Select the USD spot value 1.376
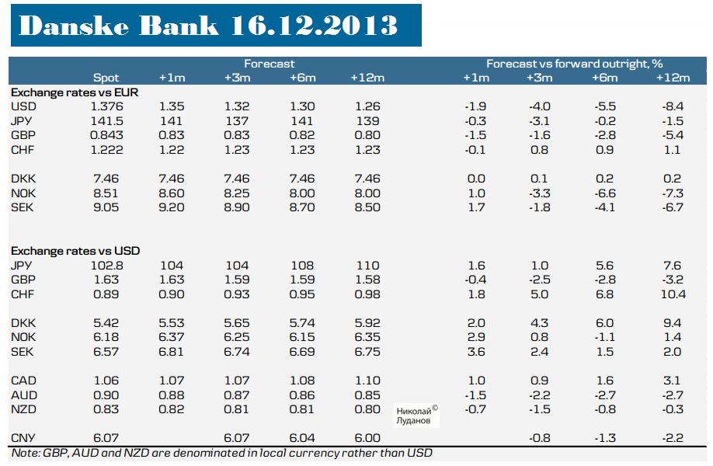click(106, 106)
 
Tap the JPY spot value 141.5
click(106, 120)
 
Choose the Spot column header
click(106, 78)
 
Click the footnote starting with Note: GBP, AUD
click(222, 453)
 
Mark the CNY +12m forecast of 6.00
click(367, 438)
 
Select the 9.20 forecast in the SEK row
click(172, 207)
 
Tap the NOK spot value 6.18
click(106, 337)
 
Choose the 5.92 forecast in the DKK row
click(367, 323)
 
